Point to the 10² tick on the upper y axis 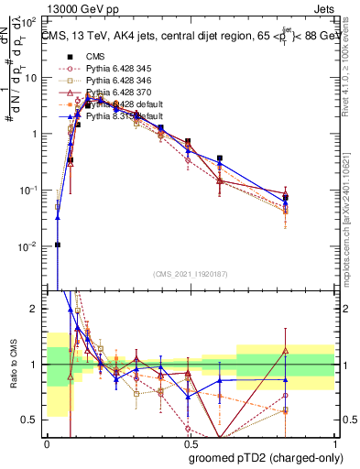32,20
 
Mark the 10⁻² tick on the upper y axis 32,246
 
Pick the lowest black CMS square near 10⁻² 58,245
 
